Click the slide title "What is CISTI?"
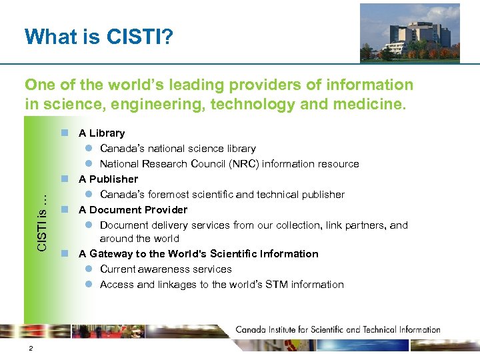99,36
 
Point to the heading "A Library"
101,133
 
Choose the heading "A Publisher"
108,179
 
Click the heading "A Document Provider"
133,210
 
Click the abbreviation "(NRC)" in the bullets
246,164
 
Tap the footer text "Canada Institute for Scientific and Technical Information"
338,329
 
